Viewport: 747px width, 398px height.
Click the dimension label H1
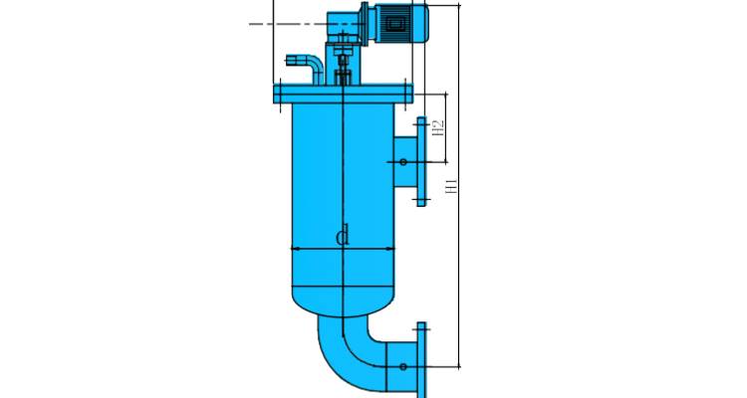click(x=451, y=185)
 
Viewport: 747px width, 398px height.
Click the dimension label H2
click(x=438, y=127)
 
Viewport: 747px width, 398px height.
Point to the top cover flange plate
click(x=343, y=94)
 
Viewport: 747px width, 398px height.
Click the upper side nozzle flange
click(x=421, y=161)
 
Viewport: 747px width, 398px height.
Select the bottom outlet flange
click(x=421, y=360)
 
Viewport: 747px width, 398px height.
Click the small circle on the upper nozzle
click(x=403, y=162)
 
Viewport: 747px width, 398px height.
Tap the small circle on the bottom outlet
click(x=403, y=366)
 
